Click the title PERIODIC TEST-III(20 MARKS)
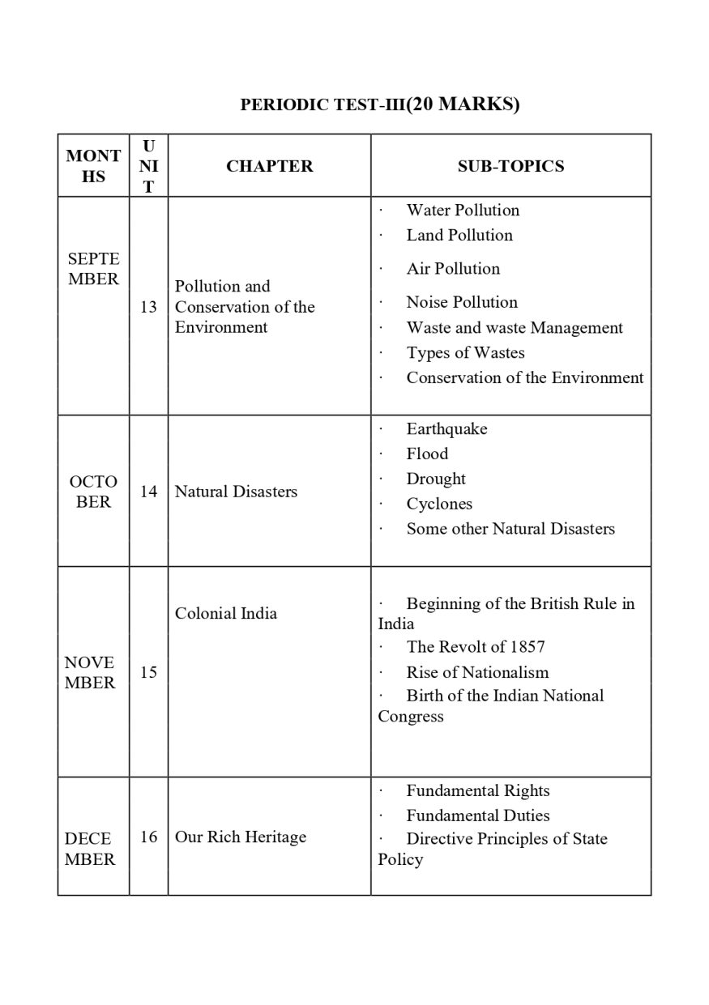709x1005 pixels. point(380,104)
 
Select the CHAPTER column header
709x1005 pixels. point(269,166)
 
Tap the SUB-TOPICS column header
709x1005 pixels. point(510,166)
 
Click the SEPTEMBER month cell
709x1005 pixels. point(93,269)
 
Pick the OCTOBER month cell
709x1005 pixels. point(93,492)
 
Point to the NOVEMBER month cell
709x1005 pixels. point(90,672)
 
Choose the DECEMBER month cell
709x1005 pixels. point(90,849)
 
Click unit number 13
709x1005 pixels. point(148,307)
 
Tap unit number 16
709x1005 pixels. point(148,837)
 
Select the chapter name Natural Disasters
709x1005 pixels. point(236,492)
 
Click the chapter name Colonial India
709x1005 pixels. point(226,613)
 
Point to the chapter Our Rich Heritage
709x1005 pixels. point(241,837)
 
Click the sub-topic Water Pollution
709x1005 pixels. point(463,211)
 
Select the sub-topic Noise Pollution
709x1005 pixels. point(462,302)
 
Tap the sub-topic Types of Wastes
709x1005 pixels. point(465,353)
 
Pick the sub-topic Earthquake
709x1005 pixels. point(446,429)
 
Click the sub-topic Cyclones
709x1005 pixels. point(439,504)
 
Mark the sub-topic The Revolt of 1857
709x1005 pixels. point(476,646)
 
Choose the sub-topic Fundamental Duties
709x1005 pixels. point(478,815)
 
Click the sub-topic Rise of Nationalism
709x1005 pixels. point(477,672)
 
